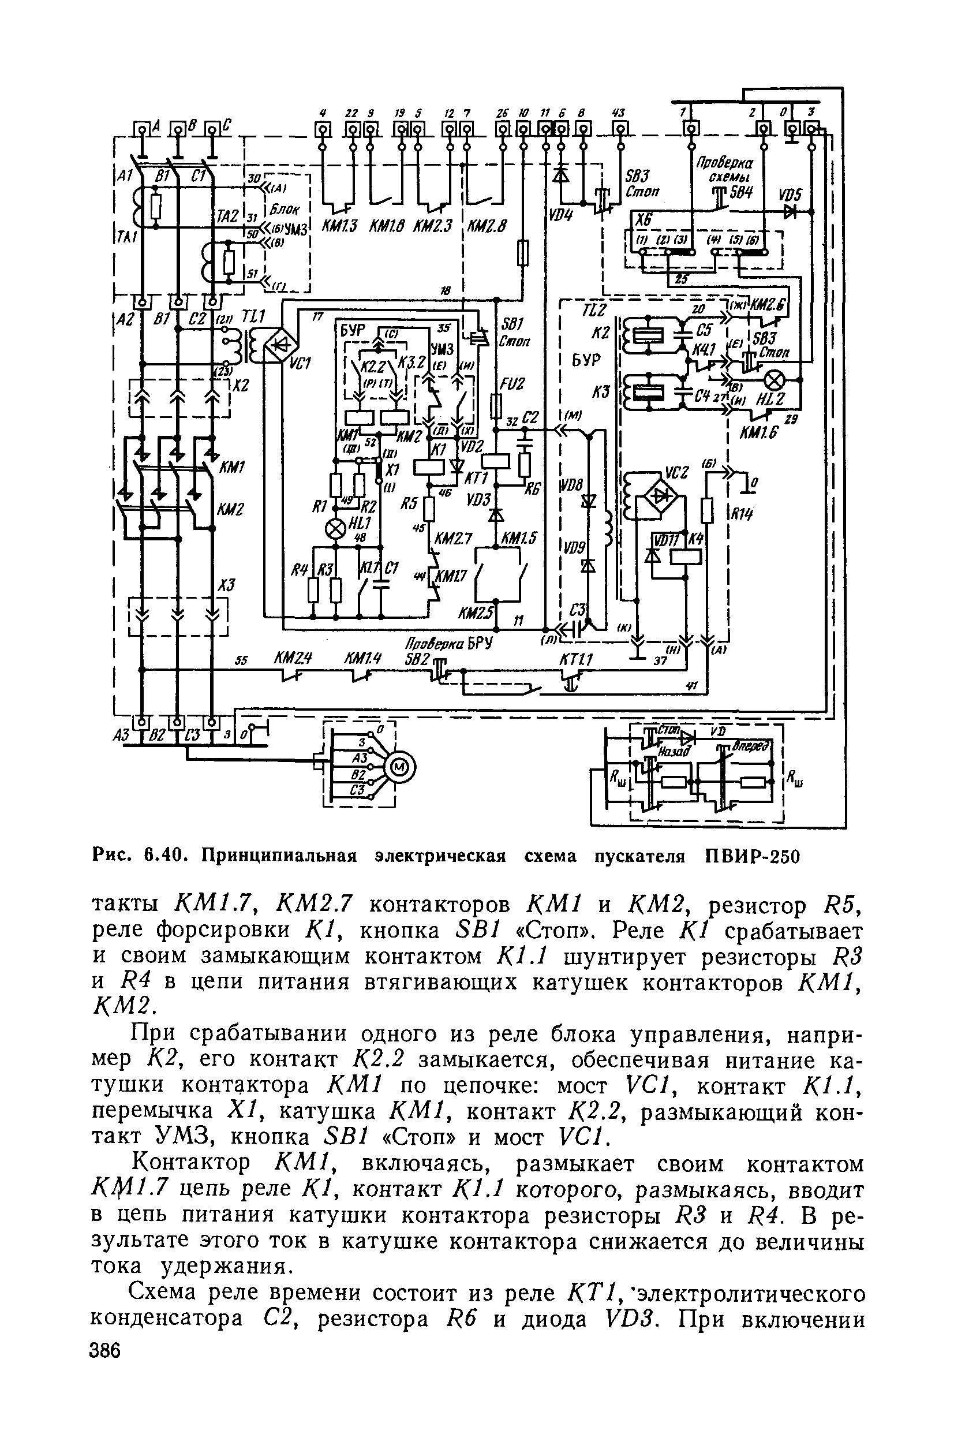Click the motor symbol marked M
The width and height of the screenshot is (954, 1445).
tap(401, 767)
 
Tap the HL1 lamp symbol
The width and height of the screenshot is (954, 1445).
tap(335, 529)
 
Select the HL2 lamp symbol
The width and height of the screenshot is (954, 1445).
tap(775, 381)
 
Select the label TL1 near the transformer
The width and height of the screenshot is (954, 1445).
tap(254, 316)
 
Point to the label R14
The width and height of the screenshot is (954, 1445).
tap(742, 513)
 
